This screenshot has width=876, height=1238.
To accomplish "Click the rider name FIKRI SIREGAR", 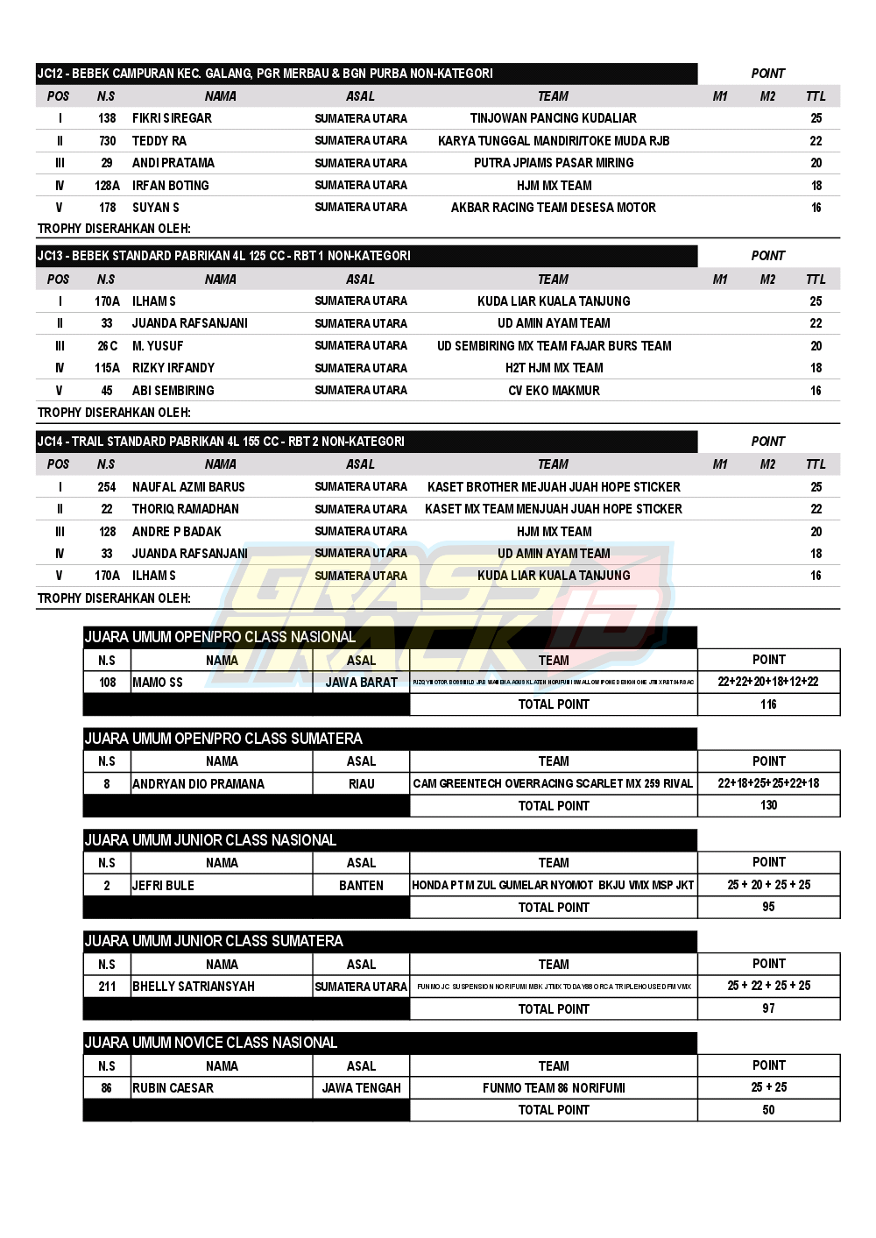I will pyautogui.click(x=172, y=118).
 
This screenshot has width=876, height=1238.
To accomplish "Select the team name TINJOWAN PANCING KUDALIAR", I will pyautogui.click(x=553, y=118).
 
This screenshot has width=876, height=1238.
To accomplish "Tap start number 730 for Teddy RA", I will pyautogui.click(x=107, y=141).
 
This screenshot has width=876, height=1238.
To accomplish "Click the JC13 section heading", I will pyautogui.click(x=224, y=256).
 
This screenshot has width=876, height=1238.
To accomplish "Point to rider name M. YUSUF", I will pyautogui.click(x=158, y=346).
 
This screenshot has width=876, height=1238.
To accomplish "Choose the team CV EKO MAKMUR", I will pyautogui.click(x=554, y=391).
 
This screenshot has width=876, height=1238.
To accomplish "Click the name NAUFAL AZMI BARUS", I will pyautogui.click(x=188, y=487).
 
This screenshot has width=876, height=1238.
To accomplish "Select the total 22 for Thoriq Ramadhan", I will pyautogui.click(x=816, y=509).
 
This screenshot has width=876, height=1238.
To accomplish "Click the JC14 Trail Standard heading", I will pyautogui.click(x=221, y=442).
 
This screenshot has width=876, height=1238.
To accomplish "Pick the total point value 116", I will pyautogui.click(x=768, y=704).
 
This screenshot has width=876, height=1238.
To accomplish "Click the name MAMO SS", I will pyautogui.click(x=158, y=683).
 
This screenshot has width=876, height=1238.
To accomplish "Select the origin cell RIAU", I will pyautogui.click(x=361, y=784).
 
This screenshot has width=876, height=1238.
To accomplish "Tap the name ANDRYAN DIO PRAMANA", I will pyautogui.click(x=198, y=784).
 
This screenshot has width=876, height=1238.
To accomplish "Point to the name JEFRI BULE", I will pyautogui.click(x=163, y=886).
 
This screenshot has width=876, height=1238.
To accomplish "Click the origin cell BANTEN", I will pyautogui.click(x=361, y=886).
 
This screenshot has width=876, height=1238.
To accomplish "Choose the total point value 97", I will pyautogui.click(x=768, y=1008).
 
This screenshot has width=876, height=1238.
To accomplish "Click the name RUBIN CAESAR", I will pyautogui.click(x=173, y=1088).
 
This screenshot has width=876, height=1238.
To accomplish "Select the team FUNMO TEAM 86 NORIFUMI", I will pyautogui.click(x=554, y=1088).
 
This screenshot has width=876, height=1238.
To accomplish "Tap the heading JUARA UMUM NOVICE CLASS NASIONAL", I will pyautogui.click(x=211, y=1043).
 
